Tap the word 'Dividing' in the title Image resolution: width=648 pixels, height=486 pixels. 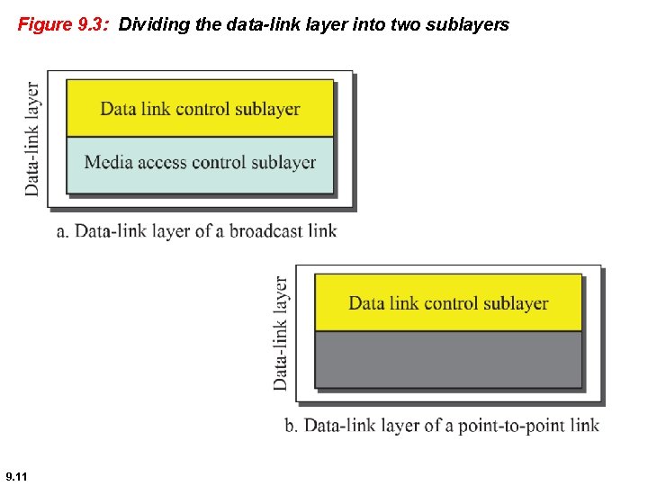(x=148, y=25)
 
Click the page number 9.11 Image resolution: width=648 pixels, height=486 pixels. (x=16, y=474)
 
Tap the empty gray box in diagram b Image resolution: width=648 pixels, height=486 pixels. (x=448, y=360)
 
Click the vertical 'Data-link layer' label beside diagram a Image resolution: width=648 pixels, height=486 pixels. (x=32, y=139)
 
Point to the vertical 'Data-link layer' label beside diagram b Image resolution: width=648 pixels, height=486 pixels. (x=281, y=333)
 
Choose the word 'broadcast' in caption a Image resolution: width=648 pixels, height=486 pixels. (x=265, y=231)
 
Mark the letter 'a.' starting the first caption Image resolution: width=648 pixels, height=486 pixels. (x=63, y=232)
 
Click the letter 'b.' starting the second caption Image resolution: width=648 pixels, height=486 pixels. (x=292, y=426)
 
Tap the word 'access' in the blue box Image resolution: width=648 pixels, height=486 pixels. (x=164, y=163)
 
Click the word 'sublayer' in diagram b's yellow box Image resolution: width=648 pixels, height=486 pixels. (x=515, y=303)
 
